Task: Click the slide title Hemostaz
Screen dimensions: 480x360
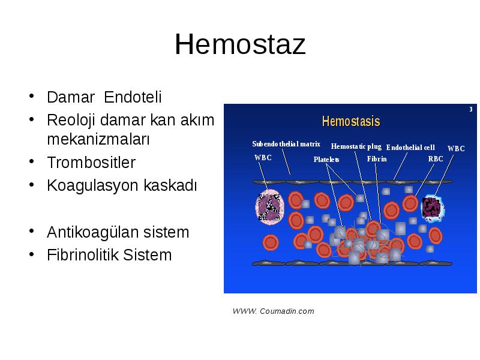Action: pos(240,44)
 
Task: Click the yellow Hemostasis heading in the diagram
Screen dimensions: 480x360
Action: pos(351,121)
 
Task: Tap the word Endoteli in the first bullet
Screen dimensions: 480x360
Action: pos(133,97)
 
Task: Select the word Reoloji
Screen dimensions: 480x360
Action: pos(71,121)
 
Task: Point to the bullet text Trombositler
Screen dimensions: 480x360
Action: pos(91,163)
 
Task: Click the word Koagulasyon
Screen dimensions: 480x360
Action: pos(93,186)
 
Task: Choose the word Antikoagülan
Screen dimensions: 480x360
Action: pos(92,232)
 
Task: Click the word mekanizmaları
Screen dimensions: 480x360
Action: pos(98,139)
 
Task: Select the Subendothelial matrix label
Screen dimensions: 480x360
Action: pos(286,144)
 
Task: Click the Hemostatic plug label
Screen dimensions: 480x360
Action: pos(356,146)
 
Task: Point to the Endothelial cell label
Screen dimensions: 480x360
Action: pos(410,148)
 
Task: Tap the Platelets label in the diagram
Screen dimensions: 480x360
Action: pos(326,160)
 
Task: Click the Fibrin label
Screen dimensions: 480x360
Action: pos(377,159)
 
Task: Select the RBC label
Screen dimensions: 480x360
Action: pos(436,159)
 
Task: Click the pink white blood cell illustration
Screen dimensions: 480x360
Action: pos(269,207)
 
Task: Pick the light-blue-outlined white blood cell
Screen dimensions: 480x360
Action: pos(433,208)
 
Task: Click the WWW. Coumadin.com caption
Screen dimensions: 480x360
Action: pos(273,311)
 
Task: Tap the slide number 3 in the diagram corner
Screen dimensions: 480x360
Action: pos(471,109)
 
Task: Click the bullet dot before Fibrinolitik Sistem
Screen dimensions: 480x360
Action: pos(32,254)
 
